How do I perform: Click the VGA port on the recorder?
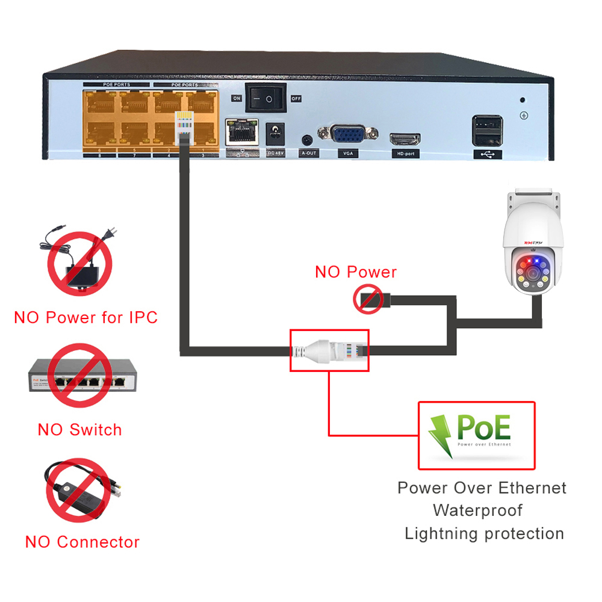click(347, 135)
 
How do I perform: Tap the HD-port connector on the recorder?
click(405, 140)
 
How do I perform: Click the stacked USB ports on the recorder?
click(487, 131)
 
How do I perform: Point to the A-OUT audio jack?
click(308, 140)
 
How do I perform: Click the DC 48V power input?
click(275, 133)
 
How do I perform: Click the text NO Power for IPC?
click(85, 317)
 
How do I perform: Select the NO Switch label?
click(79, 430)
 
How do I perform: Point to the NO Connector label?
click(82, 542)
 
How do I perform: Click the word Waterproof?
click(477, 510)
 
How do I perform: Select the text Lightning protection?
click(484, 533)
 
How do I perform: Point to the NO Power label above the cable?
click(356, 272)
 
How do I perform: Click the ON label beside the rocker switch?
click(237, 98)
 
